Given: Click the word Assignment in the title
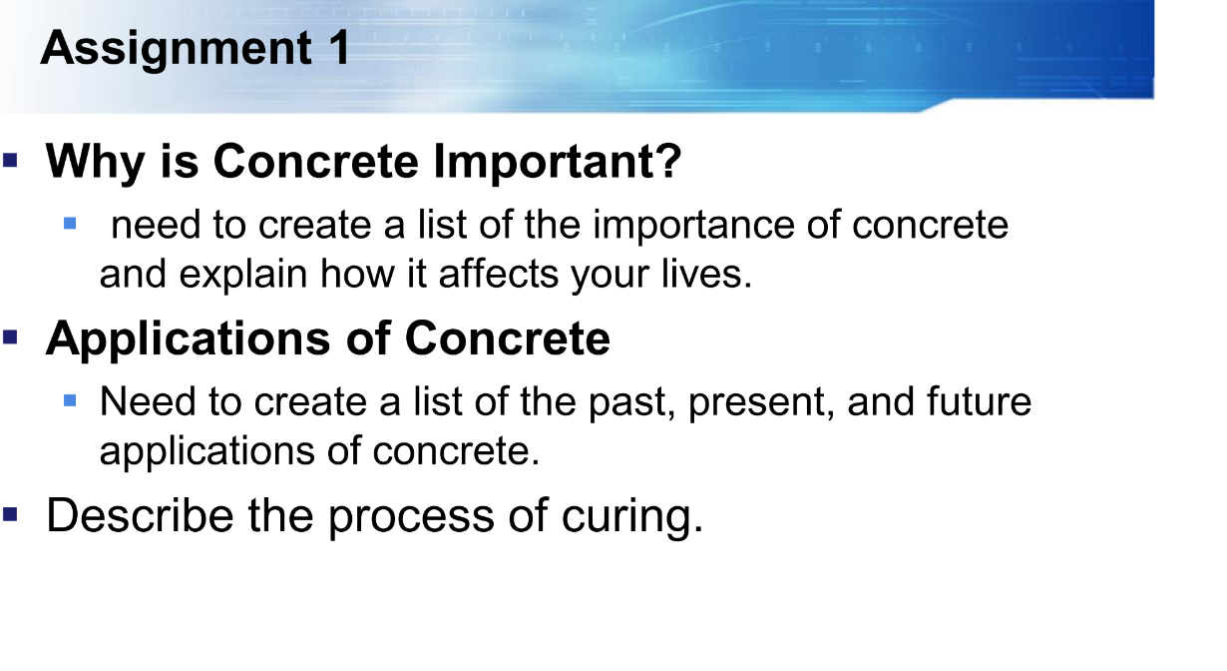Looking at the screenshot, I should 176,48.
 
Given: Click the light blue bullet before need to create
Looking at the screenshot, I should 69,223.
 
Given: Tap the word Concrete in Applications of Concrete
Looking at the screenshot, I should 508,339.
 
